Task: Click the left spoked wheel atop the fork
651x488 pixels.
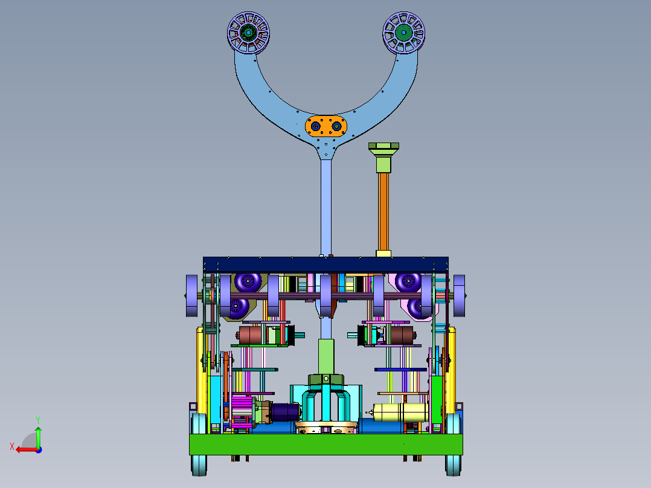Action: click(248, 33)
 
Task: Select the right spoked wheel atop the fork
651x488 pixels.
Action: click(403, 33)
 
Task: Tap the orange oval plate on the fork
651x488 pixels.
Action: click(326, 126)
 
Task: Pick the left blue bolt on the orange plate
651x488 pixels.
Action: click(315, 126)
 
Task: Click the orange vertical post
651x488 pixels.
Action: click(383, 212)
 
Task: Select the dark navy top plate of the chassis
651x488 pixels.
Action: click(325, 265)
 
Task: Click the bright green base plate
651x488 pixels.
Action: click(326, 445)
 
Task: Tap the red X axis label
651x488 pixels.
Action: click(12, 446)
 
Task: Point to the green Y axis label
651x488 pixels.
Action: click(38, 420)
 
